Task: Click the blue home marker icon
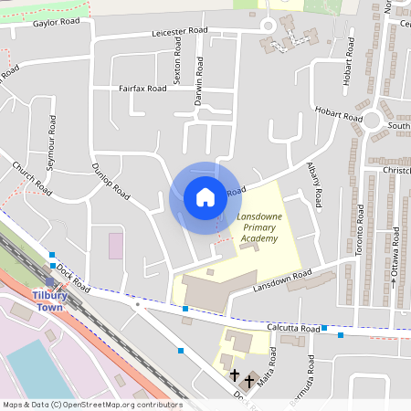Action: (x=205, y=197)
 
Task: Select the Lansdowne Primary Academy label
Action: (x=257, y=227)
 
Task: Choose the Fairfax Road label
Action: (x=142, y=89)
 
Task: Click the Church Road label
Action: (x=32, y=179)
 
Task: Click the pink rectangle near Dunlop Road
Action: (x=116, y=246)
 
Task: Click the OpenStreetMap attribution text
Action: (x=92, y=404)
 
